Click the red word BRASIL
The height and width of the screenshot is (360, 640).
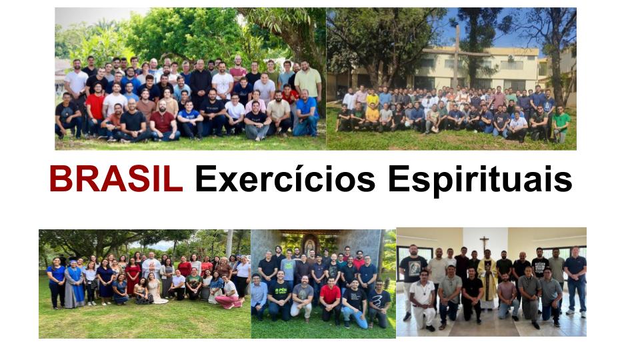[116, 179]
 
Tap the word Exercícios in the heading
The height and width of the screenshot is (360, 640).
[285, 179]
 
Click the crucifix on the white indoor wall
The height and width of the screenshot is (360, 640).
[484, 243]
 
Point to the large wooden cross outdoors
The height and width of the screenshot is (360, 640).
[457, 57]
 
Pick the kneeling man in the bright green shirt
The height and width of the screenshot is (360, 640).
[561, 124]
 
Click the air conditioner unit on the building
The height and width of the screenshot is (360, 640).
[511, 58]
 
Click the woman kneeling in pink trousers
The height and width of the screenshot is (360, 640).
[229, 294]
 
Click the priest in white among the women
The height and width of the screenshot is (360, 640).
[151, 272]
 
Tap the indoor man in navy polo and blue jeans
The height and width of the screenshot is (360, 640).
[575, 281]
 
